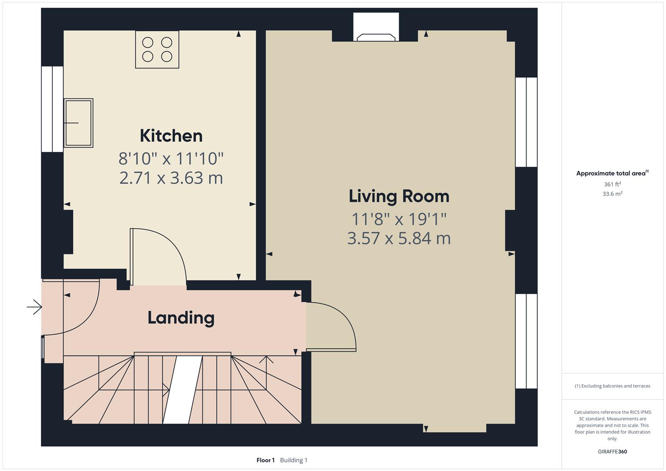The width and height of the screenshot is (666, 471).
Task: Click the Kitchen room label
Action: pos(171,136)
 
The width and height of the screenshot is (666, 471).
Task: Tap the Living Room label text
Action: pos(399,196)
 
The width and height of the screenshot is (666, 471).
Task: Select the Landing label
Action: pos(181,318)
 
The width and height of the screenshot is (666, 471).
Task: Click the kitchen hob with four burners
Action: pos(157,49)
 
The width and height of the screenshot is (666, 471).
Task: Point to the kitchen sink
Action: pos(79,123)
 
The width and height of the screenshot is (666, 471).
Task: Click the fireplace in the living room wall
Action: pos(376,27)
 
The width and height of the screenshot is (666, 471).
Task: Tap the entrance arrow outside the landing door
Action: pos(34,307)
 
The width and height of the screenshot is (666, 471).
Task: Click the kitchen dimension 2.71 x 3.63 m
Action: pos(171,178)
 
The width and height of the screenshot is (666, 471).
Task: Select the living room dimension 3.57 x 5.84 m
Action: pos(399,239)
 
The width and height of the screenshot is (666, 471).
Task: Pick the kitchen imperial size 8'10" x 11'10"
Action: pos(171,158)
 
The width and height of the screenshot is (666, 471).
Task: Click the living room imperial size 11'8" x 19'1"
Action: pos(399,219)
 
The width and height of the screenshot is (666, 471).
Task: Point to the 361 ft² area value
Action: pos(612,184)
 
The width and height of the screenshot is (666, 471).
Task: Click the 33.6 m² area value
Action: pos(612,194)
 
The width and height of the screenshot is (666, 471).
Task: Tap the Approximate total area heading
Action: pos(612,173)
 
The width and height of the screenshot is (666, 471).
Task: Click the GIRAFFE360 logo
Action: pos(612,452)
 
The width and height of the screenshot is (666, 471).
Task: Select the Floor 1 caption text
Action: pos(266,460)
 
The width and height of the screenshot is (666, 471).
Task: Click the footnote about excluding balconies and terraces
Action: pos(612,386)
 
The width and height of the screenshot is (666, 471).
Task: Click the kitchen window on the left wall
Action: pos(52,109)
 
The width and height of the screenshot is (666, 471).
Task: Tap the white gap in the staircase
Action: pos(183,390)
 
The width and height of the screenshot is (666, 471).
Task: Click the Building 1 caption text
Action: pos(294,460)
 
